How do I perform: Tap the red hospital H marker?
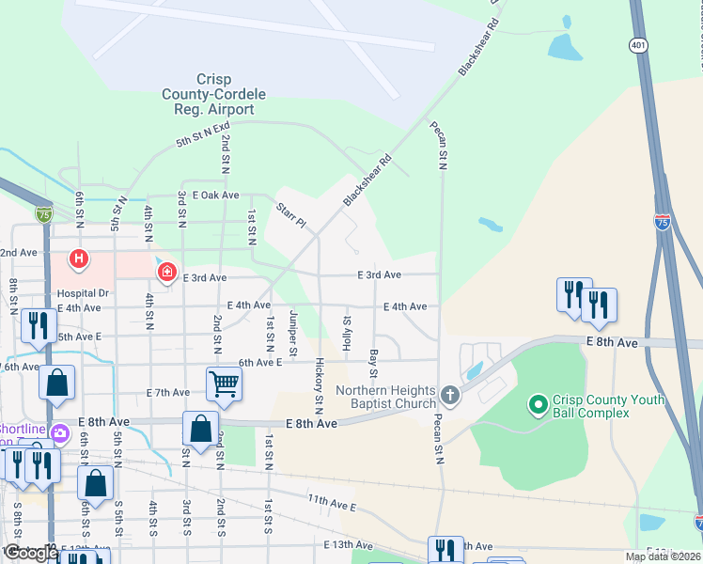pos(79,258)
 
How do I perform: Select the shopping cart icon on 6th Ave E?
pos(224,383)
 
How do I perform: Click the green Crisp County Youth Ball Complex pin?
pos(538,405)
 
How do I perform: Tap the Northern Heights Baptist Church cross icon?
pos(449,395)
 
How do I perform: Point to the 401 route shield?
pos(639,44)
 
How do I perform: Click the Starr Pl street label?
pos(291,215)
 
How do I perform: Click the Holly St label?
pos(348,335)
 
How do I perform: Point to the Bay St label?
pos(374,359)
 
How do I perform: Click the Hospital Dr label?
pos(89,293)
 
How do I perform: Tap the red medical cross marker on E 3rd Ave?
pos(167,272)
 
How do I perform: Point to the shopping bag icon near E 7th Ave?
pos(57,383)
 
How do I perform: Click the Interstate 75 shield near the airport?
pos(44,214)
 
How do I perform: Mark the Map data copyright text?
pos(664,556)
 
